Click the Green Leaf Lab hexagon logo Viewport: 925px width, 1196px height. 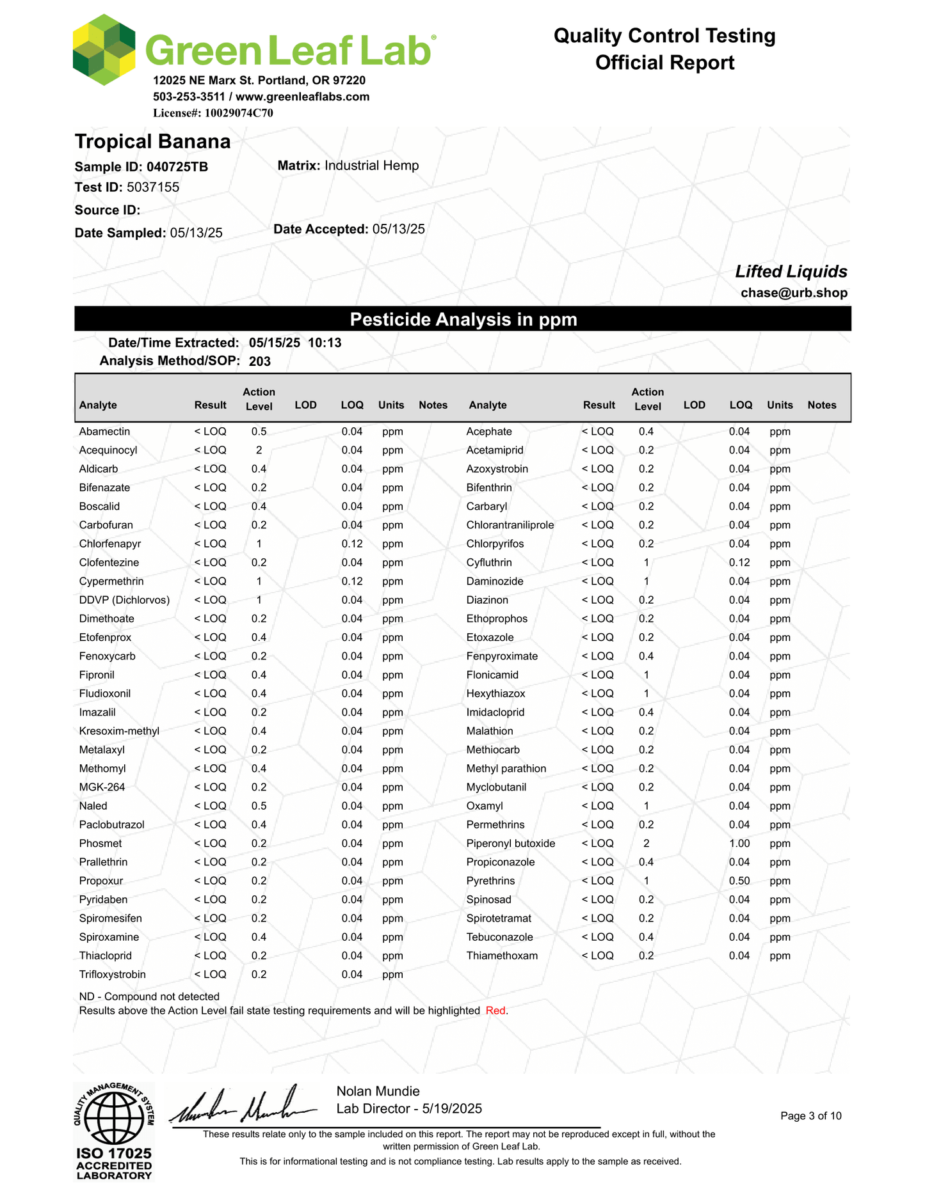(x=104, y=50)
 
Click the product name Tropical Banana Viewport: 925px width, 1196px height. (x=152, y=141)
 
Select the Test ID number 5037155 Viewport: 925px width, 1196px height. (x=153, y=187)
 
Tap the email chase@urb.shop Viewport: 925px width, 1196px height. (x=794, y=293)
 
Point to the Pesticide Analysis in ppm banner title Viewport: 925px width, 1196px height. (x=463, y=319)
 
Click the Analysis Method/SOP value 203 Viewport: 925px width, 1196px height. (x=260, y=361)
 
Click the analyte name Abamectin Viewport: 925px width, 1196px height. (x=104, y=432)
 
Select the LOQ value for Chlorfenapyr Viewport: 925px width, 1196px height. (x=352, y=544)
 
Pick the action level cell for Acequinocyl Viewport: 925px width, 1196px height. (x=259, y=450)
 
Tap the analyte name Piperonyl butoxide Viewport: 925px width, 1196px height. (x=510, y=844)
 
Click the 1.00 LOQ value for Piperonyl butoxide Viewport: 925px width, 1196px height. (x=739, y=844)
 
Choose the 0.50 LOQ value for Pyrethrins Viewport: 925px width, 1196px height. (x=739, y=881)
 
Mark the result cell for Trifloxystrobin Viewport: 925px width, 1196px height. (x=210, y=975)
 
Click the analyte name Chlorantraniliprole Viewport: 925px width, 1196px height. (x=510, y=525)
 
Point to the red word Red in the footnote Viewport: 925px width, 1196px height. (x=496, y=1011)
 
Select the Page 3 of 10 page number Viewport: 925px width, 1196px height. (x=811, y=1116)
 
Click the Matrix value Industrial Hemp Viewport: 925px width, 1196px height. (x=371, y=166)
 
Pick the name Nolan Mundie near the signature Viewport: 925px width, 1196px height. (x=378, y=1091)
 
